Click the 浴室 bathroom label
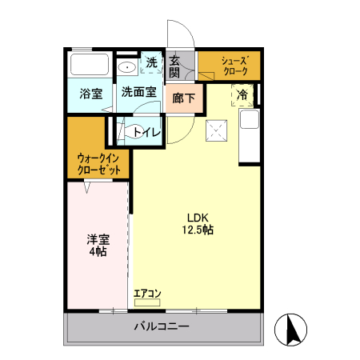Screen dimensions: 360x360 (x=90, y=94)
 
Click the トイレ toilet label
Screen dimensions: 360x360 (x=146, y=132)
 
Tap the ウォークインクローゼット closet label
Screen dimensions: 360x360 (x=99, y=164)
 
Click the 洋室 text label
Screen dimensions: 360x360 (x=98, y=238)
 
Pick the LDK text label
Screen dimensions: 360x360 (x=198, y=216)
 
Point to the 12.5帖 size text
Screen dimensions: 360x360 (x=198, y=230)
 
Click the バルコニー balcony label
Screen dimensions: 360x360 (x=162, y=327)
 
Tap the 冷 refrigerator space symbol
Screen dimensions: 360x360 (x=242, y=95)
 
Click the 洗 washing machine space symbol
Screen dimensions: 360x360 (x=151, y=62)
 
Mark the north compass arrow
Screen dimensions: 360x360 (x=293, y=329)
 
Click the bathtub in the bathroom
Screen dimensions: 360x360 (x=90, y=64)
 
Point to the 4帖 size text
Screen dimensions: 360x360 (x=98, y=252)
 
